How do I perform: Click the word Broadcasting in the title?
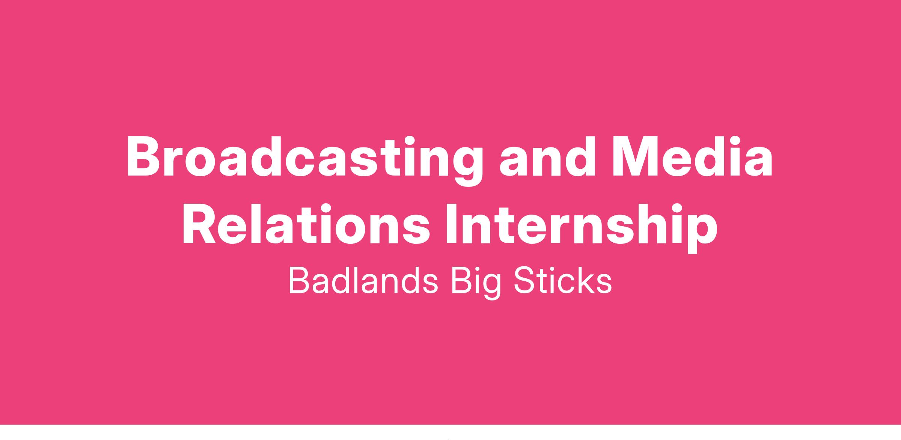pyautogui.click(x=304, y=160)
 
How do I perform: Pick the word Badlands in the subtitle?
pyautogui.click(x=363, y=281)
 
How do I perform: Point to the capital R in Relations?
pyautogui.click(x=199, y=224)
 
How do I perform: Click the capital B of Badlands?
pyautogui.click(x=300, y=281)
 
